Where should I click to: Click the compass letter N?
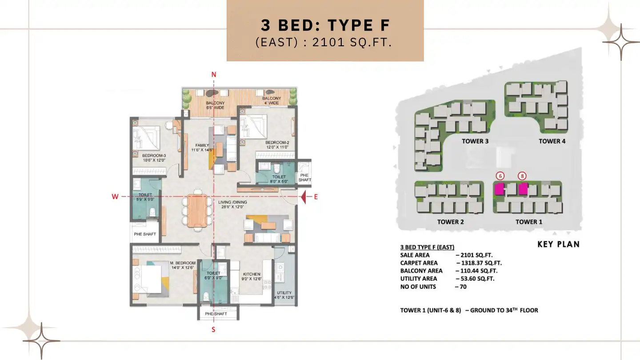click(x=214, y=75)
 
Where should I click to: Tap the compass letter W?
click(x=115, y=197)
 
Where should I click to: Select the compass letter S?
click(x=213, y=329)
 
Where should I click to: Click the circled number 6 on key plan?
click(x=500, y=176)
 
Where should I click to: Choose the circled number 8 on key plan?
click(x=522, y=176)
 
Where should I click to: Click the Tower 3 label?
click(x=475, y=141)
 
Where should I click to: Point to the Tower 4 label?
click(x=552, y=141)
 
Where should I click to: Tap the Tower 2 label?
click(x=450, y=222)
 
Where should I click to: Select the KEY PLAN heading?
click(x=558, y=244)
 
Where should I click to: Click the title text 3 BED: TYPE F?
click(x=325, y=25)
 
